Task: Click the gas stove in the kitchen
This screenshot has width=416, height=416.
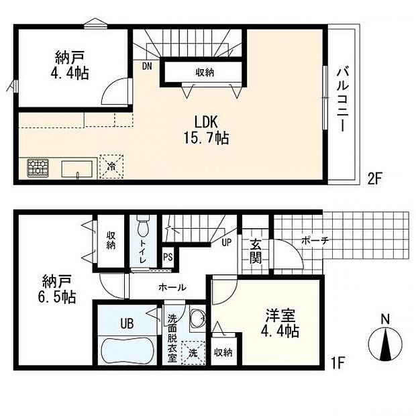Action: tap(38, 168)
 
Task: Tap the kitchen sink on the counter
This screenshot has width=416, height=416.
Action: tap(77, 169)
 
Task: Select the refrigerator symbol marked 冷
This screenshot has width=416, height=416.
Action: tap(111, 166)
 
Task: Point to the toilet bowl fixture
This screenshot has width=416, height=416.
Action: tap(144, 226)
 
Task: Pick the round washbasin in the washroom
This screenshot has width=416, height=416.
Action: tap(198, 317)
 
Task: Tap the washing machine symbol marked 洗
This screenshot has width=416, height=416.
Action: tap(193, 352)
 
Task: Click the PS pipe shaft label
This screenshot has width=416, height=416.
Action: tap(168, 257)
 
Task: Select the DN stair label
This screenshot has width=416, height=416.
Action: tap(147, 66)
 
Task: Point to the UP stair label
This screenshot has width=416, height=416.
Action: tap(227, 242)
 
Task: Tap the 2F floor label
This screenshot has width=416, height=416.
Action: tap(374, 179)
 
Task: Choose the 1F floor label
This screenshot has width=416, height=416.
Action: tap(337, 362)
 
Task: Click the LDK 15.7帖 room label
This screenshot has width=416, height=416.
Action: tap(207, 130)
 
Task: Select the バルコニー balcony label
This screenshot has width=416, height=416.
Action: tap(343, 100)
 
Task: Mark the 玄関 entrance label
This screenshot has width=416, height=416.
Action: tap(255, 251)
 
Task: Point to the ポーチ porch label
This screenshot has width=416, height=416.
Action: tap(315, 241)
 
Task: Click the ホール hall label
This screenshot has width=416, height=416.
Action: tap(172, 287)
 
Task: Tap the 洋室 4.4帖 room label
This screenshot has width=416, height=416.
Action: tap(280, 323)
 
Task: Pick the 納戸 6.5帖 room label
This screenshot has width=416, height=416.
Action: tap(56, 289)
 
